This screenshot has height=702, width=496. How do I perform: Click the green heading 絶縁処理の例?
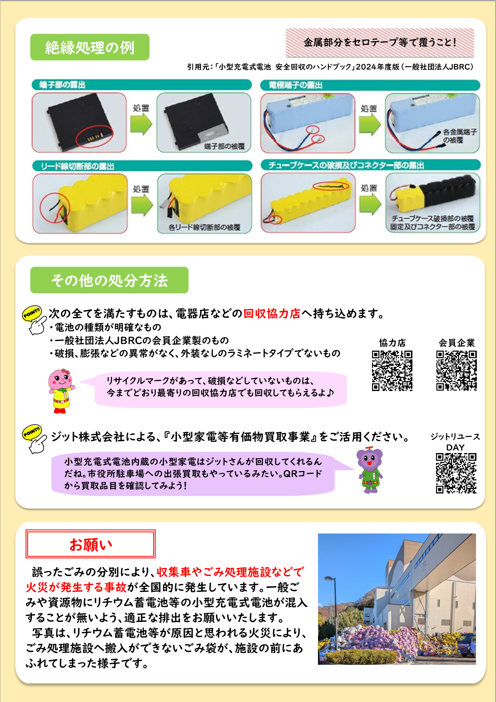[x=90, y=47]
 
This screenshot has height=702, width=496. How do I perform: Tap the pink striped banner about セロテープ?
[x=380, y=42]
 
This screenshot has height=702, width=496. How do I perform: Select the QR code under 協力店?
[x=392, y=371]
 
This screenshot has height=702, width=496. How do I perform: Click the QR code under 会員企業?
[x=456, y=371]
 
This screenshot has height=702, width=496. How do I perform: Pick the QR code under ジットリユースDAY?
[x=456, y=473]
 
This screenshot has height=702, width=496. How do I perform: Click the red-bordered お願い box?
[x=90, y=544]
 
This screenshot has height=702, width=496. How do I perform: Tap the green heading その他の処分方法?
[x=109, y=280]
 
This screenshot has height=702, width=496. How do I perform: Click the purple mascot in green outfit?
[x=370, y=470]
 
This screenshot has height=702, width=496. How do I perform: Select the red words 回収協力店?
[x=272, y=313]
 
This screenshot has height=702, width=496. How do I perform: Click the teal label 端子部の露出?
[x=62, y=85]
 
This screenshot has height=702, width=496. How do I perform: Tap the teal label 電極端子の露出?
[x=296, y=85]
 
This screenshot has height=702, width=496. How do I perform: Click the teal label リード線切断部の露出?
[x=78, y=166]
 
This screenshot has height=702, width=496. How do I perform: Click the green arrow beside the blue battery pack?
[x=370, y=124]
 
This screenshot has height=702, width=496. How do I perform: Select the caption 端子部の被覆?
[x=224, y=146]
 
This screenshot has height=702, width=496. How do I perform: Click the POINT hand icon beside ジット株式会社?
[x=34, y=439]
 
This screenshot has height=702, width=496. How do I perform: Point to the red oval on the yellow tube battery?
[x=331, y=186]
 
